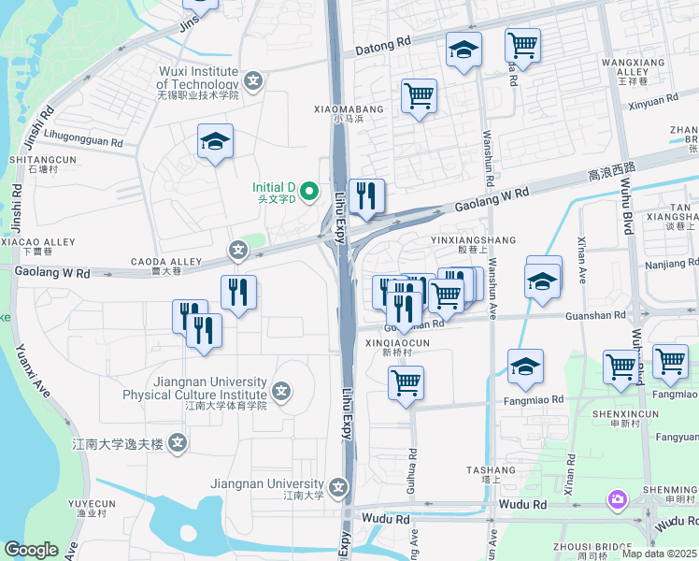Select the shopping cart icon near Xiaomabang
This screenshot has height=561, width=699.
click(419, 95)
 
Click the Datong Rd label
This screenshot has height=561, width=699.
click(384, 43)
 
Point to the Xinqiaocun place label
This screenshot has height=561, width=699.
click(397, 343)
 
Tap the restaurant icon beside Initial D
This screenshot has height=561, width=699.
click(366, 196)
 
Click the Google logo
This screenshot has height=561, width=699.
click(31, 550)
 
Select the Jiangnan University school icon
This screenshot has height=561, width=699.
click(338, 486)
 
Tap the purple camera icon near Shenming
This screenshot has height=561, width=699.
click(617, 500)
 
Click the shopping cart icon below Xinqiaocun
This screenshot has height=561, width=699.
click(406, 382)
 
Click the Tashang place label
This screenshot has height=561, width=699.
click(491, 470)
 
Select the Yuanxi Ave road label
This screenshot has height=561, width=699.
click(31, 369)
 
